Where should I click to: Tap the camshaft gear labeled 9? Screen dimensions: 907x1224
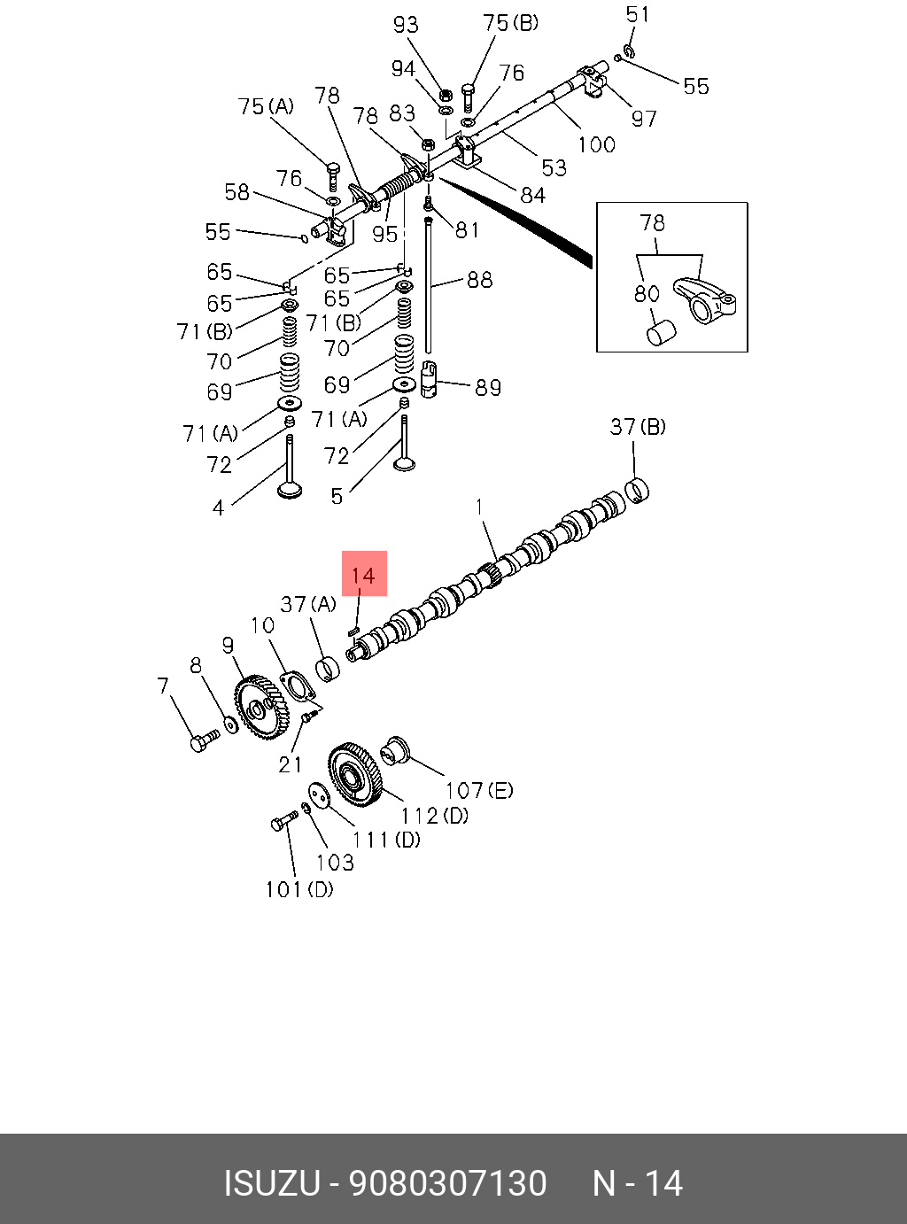(x=261, y=707)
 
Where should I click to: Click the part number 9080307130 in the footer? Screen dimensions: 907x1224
(x=448, y=1184)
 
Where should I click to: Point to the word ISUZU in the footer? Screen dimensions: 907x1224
(x=271, y=1184)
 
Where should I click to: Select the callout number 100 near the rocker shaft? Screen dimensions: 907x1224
(x=596, y=143)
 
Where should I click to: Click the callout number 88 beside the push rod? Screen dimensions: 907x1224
(x=479, y=280)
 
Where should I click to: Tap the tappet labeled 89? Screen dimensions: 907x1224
(x=430, y=381)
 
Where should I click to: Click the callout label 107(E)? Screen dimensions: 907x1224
(x=478, y=789)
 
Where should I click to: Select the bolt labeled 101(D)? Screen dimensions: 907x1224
(x=283, y=824)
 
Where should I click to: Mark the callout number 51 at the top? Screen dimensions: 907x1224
(x=638, y=15)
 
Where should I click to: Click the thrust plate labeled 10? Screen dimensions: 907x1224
(x=294, y=687)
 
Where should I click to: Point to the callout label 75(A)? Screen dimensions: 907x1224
(x=266, y=106)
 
